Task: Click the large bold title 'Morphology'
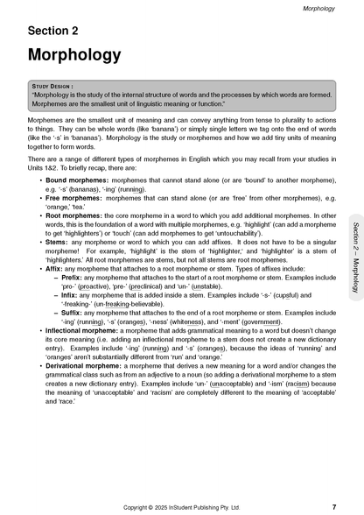[x=77, y=55]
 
